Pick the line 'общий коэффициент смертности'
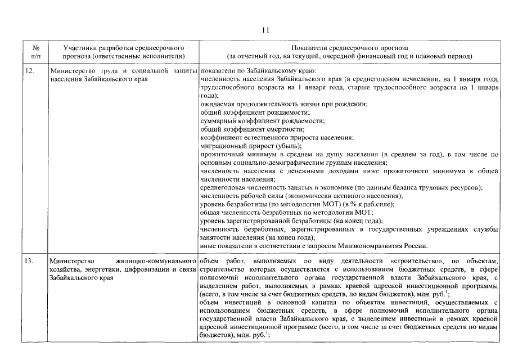point(248,129)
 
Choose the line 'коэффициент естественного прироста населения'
point(277,137)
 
